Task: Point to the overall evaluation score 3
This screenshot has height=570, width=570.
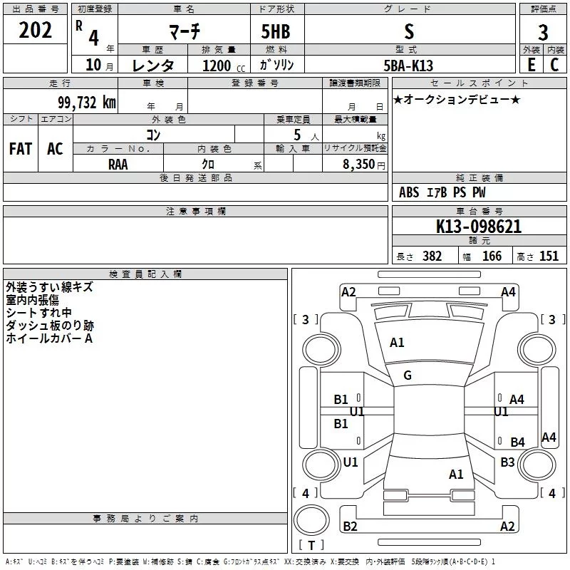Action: pyautogui.click(x=543, y=32)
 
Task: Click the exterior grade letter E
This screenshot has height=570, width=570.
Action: pyautogui.click(x=531, y=64)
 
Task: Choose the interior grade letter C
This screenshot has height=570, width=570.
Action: pyautogui.click(x=554, y=64)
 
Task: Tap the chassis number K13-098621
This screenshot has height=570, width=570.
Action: pyautogui.click(x=479, y=227)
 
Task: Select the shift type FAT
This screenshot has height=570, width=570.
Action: pyautogui.click(x=21, y=148)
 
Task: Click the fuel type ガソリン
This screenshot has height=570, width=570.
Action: pyautogui.click(x=277, y=65)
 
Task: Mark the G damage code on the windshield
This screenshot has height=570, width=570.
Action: pyautogui.click(x=408, y=375)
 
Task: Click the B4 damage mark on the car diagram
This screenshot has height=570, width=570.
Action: pyautogui.click(x=517, y=442)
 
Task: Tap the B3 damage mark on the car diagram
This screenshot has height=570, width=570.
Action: pyautogui.click(x=507, y=462)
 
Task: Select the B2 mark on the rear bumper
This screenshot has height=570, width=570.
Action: pyautogui.click(x=350, y=527)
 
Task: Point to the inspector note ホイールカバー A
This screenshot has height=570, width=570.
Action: pyautogui.click(x=49, y=338)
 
